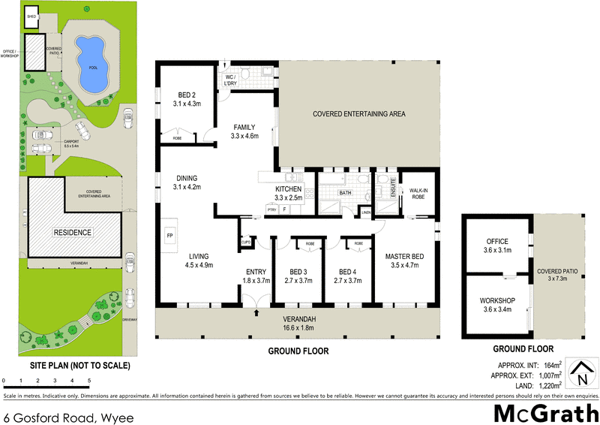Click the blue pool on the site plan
point(90,59)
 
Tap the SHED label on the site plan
point(31,15)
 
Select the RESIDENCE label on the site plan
point(72,233)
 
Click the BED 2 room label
point(187,95)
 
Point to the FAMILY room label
point(244,127)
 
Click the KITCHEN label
point(289,188)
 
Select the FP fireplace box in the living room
point(170,236)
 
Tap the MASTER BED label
point(404,258)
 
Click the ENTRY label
point(256,271)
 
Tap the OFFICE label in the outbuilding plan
point(497,241)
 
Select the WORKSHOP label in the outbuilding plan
point(497,300)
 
